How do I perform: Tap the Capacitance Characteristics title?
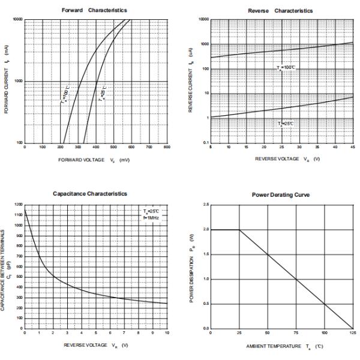[89, 194]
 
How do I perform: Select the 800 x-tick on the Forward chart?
[167, 147]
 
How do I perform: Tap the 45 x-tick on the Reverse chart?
[352, 147]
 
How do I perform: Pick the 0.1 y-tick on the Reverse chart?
[206, 143]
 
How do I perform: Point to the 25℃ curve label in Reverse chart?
[286, 123]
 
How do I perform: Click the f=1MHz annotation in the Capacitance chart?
[152, 218]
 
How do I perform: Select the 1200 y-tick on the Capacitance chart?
[19, 206]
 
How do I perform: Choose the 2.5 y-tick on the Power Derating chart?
[206, 205]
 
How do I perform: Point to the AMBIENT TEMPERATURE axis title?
[281, 347]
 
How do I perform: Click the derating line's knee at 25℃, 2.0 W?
[239, 230]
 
